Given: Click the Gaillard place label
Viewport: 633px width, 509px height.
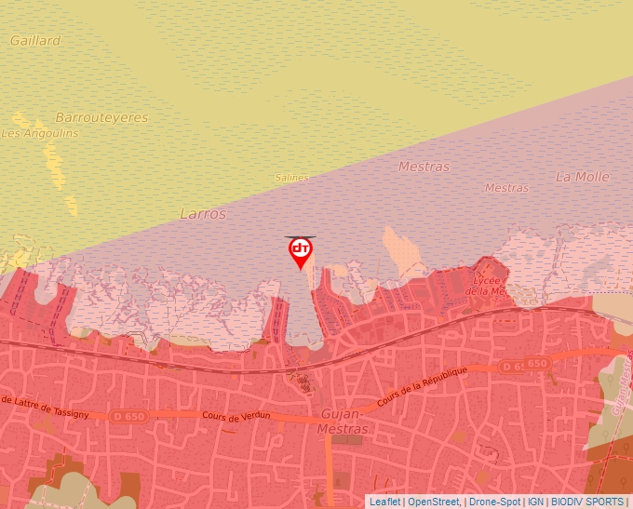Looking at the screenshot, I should [x=35, y=41].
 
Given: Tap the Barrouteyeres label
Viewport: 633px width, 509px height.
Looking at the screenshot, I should [x=101, y=118].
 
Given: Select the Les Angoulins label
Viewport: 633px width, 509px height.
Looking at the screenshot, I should [x=40, y=133].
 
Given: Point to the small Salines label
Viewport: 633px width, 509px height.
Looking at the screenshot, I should [x=291, y=178].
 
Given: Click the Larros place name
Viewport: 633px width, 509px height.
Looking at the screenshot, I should [x=203, y=214].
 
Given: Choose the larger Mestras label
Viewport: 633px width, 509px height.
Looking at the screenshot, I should [x=424, y=167].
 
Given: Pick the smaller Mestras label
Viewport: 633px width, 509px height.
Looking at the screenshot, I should [x=506, y=188].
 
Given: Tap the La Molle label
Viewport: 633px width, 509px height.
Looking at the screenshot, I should [x=583, y=177].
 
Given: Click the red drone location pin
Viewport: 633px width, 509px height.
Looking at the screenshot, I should [x=300, y=251].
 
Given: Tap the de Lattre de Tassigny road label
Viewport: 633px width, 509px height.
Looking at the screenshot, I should [x=46, y=406].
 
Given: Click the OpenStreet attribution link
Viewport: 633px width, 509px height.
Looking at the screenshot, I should [x=433, y=502].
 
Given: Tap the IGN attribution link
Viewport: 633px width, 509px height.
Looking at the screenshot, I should [x=536, y=502].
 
